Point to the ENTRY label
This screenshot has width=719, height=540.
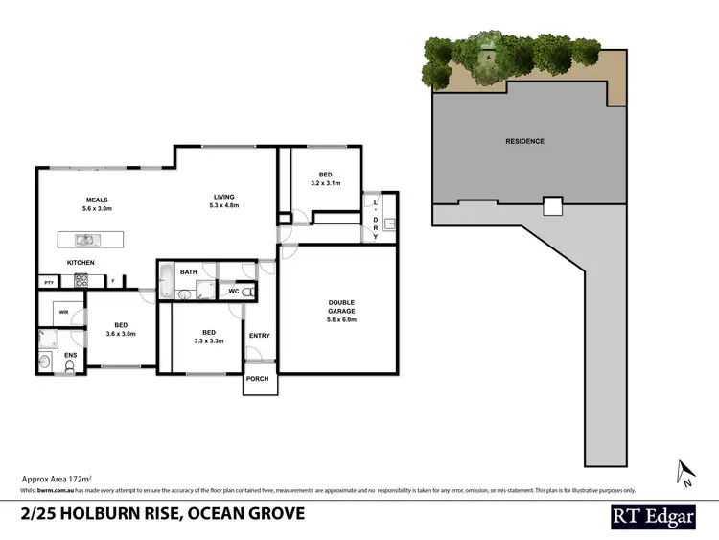pos(259,336)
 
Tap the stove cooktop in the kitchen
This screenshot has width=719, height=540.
pos(81,281)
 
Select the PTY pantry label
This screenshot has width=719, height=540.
pos(48,282)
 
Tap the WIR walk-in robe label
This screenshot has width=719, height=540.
pos(62,312)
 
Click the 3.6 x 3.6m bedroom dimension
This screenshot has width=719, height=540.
pos(121,334)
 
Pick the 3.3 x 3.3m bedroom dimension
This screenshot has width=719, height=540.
pos(207,340)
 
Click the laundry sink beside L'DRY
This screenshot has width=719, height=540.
pos(389,226)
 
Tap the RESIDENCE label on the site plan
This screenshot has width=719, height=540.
pos(524,141)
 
